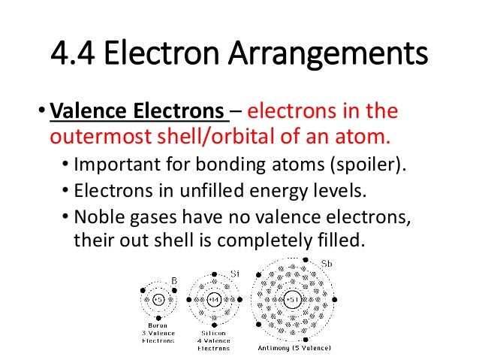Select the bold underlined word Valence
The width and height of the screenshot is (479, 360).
pos(89,113)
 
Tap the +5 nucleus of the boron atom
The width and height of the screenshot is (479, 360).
pos(158,300)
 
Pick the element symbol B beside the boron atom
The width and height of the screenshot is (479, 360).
pos(174,280)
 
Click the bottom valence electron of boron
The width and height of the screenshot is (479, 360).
pos(158,318)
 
